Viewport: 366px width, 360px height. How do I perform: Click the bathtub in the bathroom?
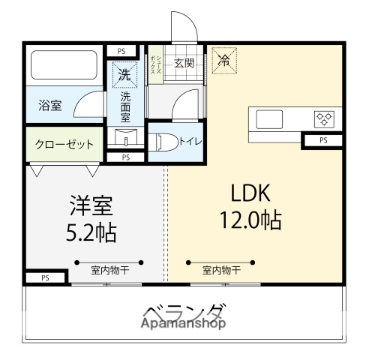point(64,64)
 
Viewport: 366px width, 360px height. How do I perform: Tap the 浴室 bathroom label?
point(50,105)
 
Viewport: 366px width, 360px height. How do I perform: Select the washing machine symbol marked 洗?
point(124,74)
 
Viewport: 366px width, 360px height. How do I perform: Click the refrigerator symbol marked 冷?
point(224,61)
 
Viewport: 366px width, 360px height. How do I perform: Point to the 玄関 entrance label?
point(184,63)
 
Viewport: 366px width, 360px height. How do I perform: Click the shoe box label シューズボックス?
point(156,65)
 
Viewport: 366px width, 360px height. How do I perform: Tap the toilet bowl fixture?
point(163,142)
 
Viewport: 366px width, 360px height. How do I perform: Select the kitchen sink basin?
point(269,119)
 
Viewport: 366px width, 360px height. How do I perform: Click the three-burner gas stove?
point(324,118)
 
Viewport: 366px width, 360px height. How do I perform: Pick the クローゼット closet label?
point(64,145)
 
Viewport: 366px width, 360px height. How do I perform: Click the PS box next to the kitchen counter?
point(323,140)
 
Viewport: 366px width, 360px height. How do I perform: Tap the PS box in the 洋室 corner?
point(45,277)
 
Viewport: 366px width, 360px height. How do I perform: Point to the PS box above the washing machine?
point(121,51)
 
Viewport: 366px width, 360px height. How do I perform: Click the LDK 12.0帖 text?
point(250,206)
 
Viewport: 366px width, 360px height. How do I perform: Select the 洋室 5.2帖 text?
point(91,219)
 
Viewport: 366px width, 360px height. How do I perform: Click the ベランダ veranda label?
point(185,311)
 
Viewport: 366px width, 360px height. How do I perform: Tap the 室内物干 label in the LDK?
point(221,270)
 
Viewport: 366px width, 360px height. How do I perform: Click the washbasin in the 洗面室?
point(126,136)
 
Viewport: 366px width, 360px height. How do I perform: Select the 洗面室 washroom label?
point(125,106)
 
